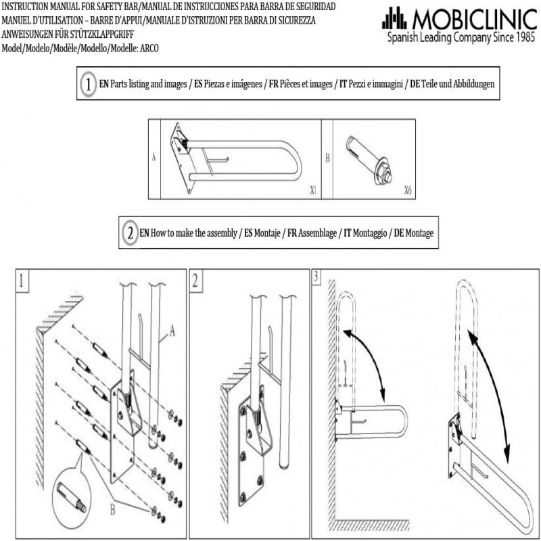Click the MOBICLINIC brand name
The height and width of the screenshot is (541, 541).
pos(475,19)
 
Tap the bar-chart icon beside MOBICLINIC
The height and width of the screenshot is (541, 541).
pos(394,18)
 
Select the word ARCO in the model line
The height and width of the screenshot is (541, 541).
pos(149,48)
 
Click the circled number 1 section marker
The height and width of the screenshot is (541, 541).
pos(89,83)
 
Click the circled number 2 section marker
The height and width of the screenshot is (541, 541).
pos(130,233)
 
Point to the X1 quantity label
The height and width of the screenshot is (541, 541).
pos(313,190)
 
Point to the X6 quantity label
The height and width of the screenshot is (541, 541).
pos(408,190)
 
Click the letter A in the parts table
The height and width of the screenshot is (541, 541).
pos(154,158)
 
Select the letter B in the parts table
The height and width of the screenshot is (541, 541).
pos(327,158)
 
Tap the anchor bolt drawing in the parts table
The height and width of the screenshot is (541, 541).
pos(369,160)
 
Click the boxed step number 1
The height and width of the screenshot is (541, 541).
pos(22,280)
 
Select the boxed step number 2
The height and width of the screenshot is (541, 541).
pos(195,280)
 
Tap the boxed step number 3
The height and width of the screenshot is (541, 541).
pos(316,277)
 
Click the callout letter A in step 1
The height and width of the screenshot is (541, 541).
pos(172,331)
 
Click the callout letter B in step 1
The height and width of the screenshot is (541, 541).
pos(112,510)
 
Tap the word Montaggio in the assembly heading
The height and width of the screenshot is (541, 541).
pos(370,233)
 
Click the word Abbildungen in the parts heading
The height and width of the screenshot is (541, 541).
pos(474,84)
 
